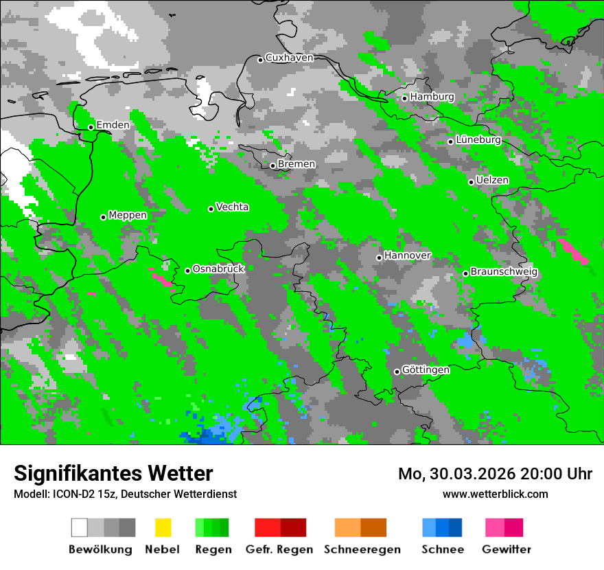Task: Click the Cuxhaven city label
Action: (x=289, y=58)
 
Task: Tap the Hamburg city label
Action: (x=432, y=97)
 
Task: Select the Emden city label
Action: (x=113, y=125)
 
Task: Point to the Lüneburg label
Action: (x=478, y=139)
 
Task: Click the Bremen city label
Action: (x=297, y=164)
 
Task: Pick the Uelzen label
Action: (x=492, y=180)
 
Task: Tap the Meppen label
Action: (x=128, y=215)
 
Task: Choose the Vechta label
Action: (x=232, y=207)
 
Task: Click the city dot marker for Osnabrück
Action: (x=187, y=271)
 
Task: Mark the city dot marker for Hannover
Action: (x=379, y=258)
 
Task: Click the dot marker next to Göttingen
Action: (x=397, y=372)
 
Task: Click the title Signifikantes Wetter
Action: (x=113, y=473)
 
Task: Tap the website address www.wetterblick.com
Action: (x=495, y=494)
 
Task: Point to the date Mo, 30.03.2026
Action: (x=456, y=474)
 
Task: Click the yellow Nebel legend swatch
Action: (x=163, y=527)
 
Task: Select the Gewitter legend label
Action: (x=507, y=549)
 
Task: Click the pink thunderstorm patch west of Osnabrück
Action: (x=163, y=280)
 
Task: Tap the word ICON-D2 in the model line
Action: (x=72, y=494)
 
